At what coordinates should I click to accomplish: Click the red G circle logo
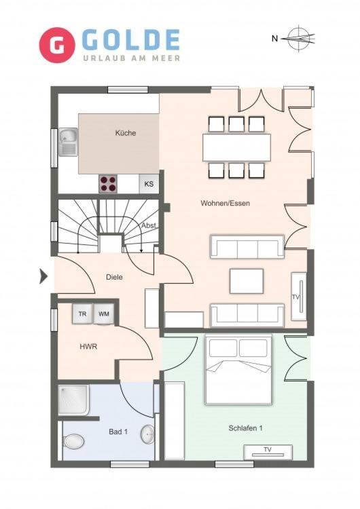[x=57, y=45]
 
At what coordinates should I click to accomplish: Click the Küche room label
[x=126, y=133]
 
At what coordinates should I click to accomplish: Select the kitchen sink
[x=68, y=143]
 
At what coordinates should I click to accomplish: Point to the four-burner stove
[x=108, y=184]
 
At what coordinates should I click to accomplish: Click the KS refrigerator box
[x=149, y=184]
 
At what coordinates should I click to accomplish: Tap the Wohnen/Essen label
[x=225, y=203]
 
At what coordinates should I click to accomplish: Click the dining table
[x=236, y=148]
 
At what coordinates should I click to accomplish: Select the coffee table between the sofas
[x=247, y=281]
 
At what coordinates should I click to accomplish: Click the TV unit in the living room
[x=299, y=297]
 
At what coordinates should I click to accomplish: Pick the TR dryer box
[x=82, y=314]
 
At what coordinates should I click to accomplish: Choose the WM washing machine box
[x=104, y=314]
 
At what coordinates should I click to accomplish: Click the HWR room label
[x=88, y=347]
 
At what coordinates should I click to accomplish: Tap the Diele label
[x=114, y=277]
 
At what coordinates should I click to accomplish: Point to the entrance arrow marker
[x=43, y=277]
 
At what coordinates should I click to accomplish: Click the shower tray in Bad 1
[x=74, y=400]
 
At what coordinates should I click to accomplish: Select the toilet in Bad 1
[x=74, y=442]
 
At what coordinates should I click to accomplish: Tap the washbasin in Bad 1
[x=148, y=434]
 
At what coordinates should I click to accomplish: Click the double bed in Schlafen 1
[x=238, y=370]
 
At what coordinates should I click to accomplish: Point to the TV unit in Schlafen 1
[x=268, y=453]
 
